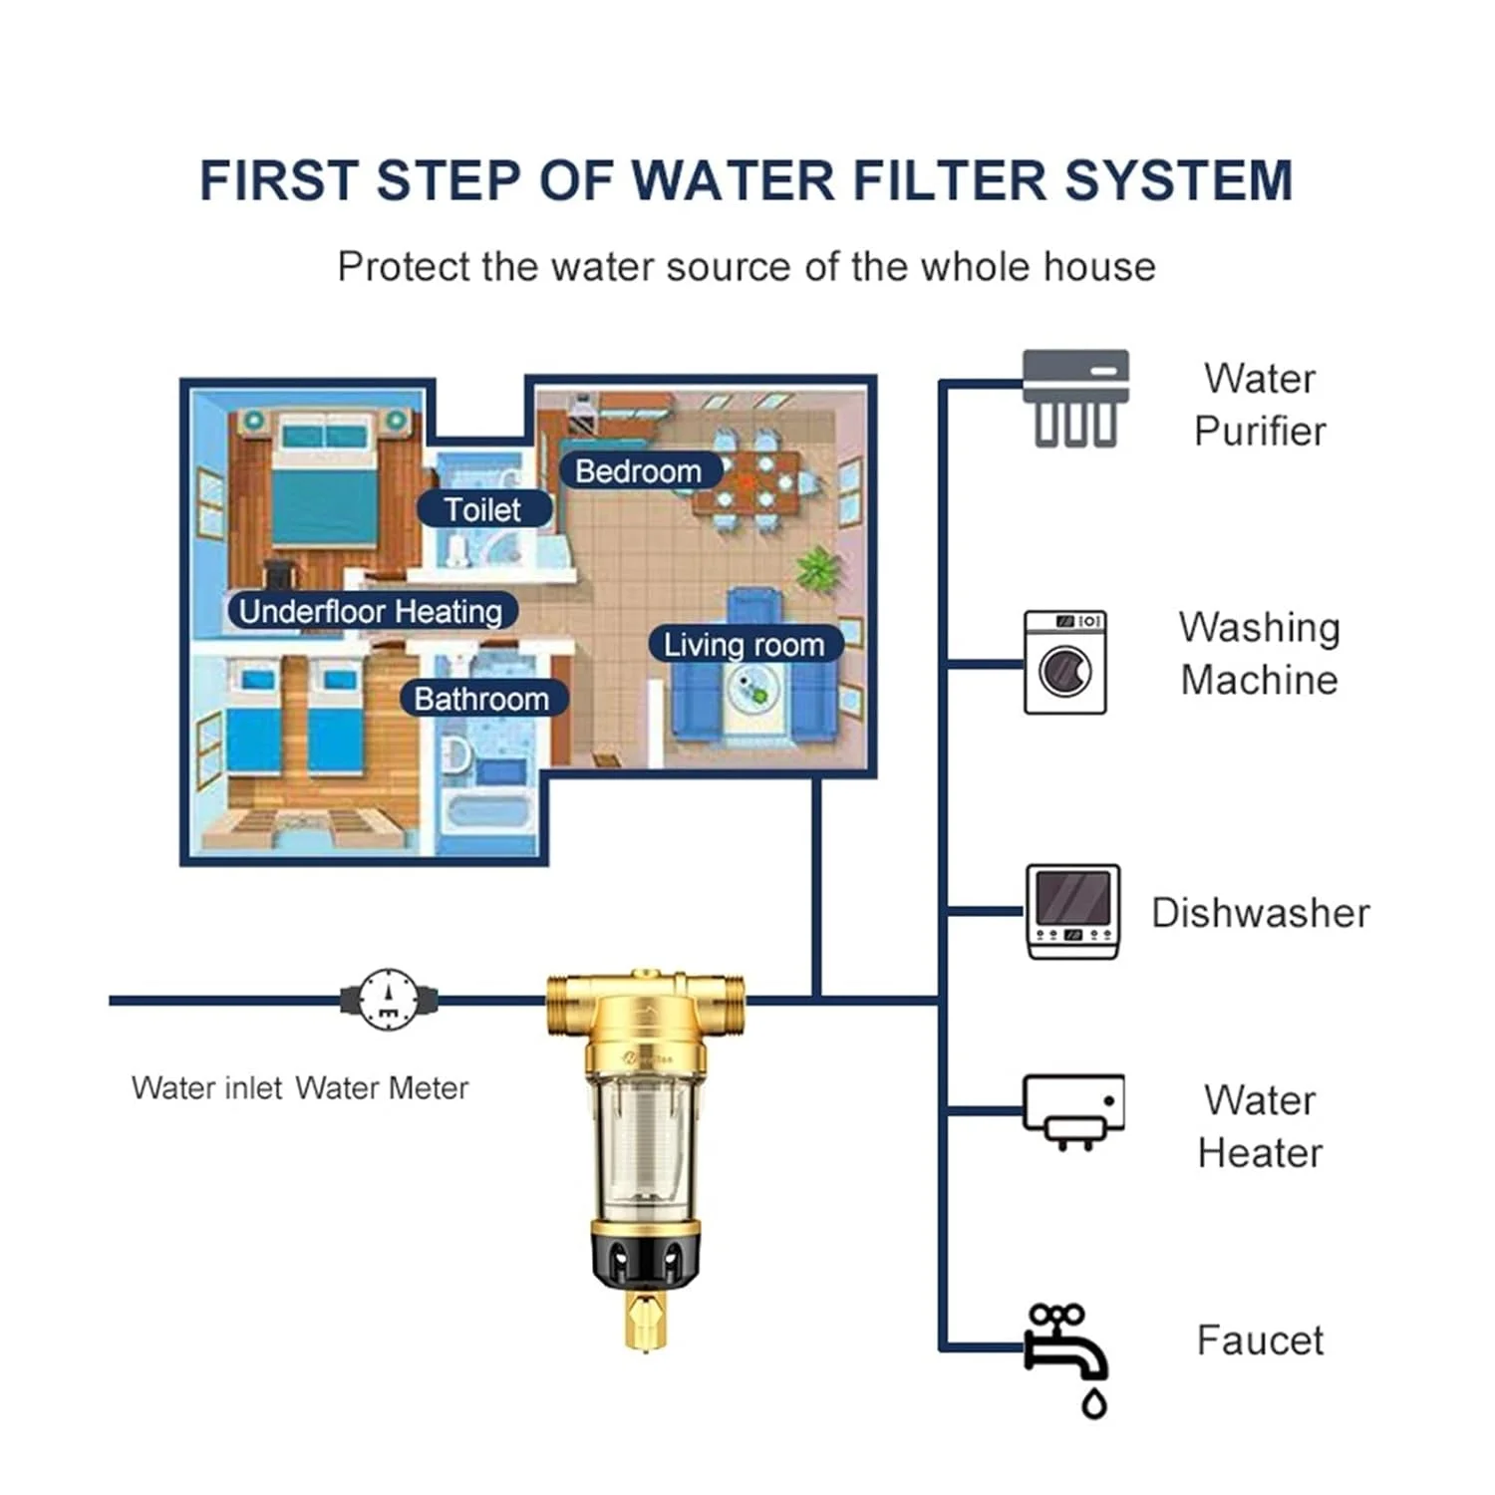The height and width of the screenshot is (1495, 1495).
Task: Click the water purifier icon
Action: coord(1075,398)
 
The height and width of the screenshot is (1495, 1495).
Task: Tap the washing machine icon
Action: coord(1064,663)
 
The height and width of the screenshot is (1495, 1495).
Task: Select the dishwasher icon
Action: coord(1072,912)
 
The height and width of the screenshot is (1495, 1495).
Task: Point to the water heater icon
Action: coord(1073,1110)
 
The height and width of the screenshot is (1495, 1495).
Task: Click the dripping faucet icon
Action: coord(1069,1355)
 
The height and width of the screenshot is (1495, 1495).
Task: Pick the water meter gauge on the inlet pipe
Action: coord(388,999)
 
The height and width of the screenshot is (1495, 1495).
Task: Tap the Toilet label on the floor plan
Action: coord(483,509)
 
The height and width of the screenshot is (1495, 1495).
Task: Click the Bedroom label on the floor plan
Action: coord(638,470)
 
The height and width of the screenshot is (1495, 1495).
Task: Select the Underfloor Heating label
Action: coord(371,611)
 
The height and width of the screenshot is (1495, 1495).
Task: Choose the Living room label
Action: coord(744,645)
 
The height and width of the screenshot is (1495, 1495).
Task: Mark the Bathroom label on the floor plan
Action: coord(481,699)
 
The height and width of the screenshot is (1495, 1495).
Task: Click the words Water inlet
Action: coord(207,1087)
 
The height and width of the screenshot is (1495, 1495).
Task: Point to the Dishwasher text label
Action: coord(1260,913)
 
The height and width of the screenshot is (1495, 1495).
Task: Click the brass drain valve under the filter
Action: coord(646,1319)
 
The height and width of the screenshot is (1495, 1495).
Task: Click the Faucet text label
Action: coord(1260,1341)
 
